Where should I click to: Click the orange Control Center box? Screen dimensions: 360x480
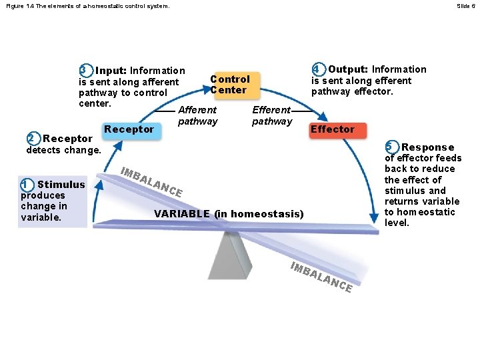tap(230, 84)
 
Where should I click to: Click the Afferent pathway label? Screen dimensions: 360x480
tap(197, 115)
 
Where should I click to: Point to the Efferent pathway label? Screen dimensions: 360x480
tap(271, 115)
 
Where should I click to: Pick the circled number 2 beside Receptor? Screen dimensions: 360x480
tap(31, 139)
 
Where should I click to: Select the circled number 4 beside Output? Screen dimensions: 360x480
tap(318, 69)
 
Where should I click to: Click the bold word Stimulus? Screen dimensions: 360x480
tap(61, 185)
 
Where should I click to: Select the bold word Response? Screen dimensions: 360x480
tap(428, 147)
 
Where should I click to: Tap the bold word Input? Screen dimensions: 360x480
tap(112, 71)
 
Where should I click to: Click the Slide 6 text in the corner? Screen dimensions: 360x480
tap(465, 6)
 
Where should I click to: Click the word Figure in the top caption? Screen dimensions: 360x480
tap(13, 6)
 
